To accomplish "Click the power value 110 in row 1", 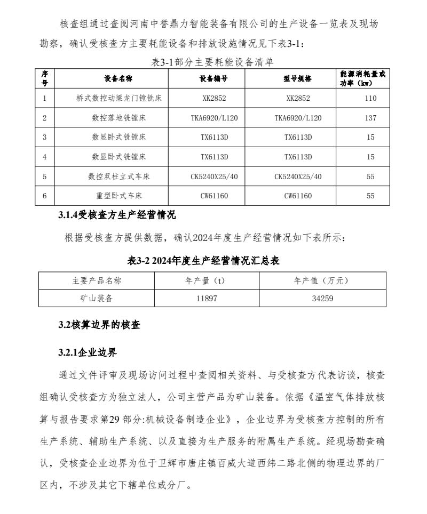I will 370,98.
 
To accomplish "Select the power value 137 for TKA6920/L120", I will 370,118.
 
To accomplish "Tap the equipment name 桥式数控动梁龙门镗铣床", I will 118,98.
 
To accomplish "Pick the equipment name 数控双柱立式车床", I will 118,176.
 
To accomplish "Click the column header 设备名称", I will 118,78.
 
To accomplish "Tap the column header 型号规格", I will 298,78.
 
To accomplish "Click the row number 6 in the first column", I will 45,196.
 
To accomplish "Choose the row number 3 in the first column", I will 45,137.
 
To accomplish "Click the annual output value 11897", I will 207,299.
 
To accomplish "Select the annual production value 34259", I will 322,299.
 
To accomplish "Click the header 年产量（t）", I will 207,280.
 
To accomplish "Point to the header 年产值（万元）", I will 322,280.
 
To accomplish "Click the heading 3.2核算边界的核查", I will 99,325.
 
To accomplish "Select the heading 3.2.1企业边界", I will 87,352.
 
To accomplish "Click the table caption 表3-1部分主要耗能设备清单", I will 213,62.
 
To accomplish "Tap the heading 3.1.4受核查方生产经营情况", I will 116,215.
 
